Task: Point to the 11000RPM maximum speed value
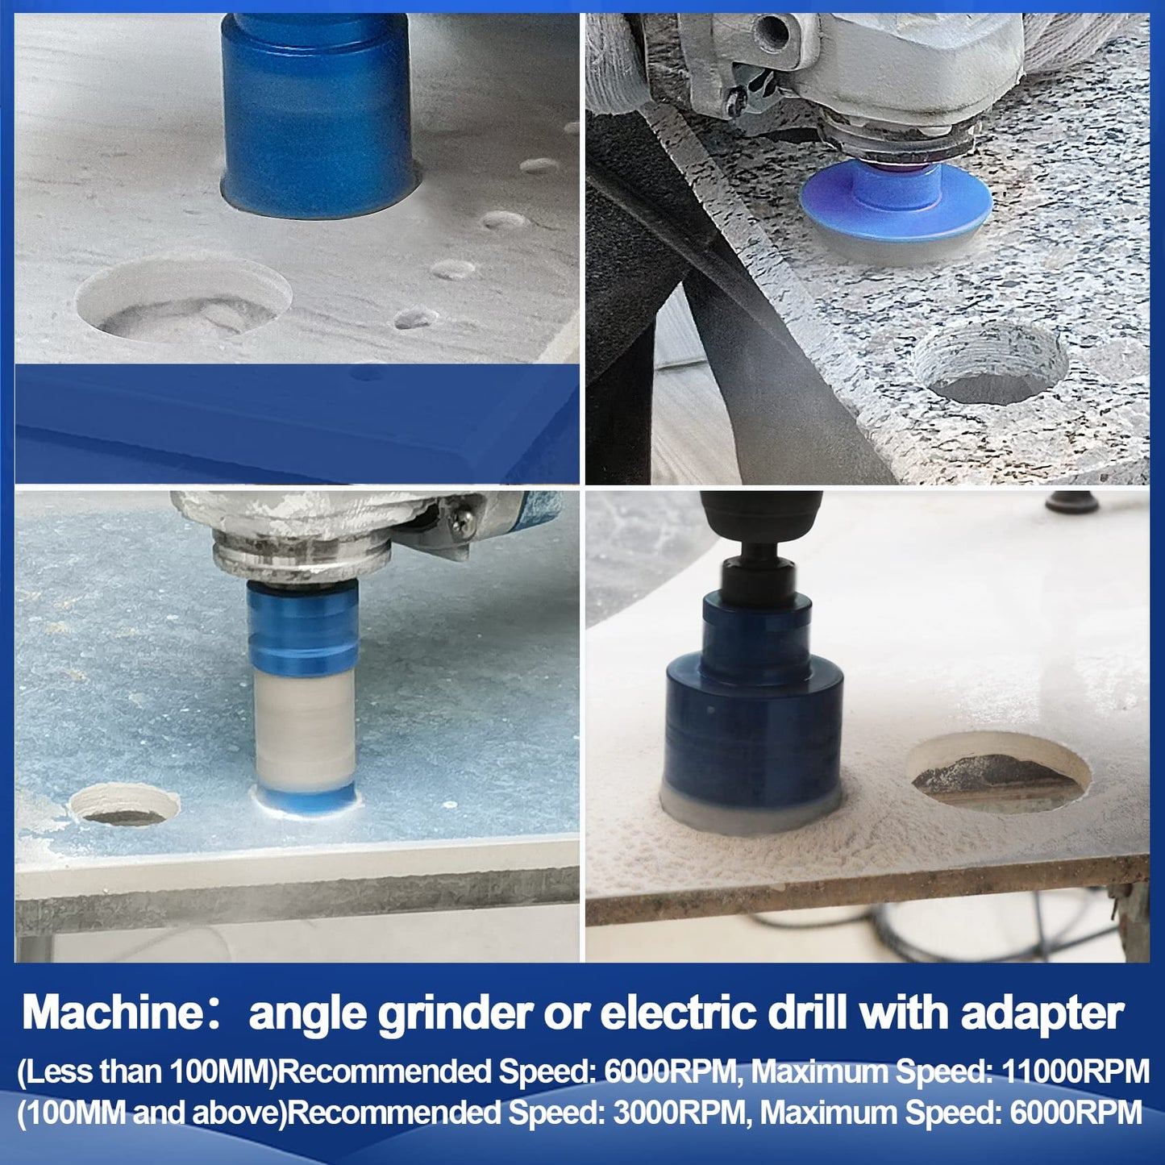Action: coord(1076,1072)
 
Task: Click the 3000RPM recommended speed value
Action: coord(680,1113)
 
